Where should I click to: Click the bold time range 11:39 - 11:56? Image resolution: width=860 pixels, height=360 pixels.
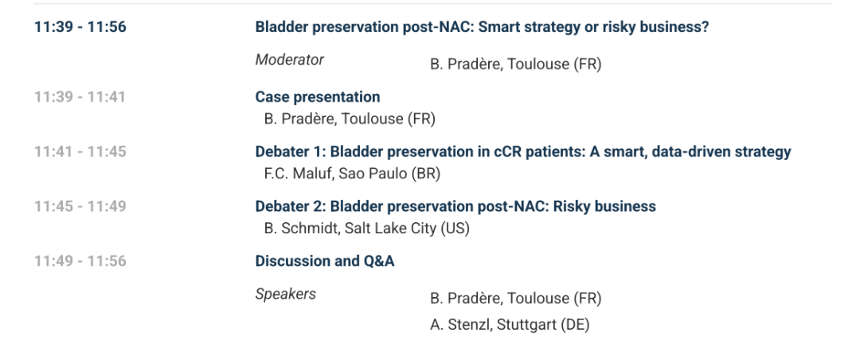(80, 27)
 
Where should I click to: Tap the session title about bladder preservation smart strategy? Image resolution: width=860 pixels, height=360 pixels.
(482, 27)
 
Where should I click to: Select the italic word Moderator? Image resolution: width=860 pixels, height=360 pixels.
(290, 60)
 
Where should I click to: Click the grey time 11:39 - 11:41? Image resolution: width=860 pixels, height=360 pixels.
(80, 97)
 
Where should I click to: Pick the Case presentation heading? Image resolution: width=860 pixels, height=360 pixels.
(318, 97)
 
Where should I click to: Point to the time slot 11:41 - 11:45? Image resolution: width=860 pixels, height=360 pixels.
(80, 151)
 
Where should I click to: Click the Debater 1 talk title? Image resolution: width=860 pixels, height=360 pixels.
(523, 151)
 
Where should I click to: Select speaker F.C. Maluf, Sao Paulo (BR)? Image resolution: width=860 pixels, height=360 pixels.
(352, 174)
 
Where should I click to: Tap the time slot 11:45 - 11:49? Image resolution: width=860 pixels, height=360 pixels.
(80, 206)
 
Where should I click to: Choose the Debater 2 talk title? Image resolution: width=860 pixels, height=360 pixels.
(455, 206)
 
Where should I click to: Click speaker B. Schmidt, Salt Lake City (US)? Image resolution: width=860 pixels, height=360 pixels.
(367, 229)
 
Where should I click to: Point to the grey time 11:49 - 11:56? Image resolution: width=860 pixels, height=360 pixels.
(80, 261)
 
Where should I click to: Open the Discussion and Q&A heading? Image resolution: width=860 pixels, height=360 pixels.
(325, 261)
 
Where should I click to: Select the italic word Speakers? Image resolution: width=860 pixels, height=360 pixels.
(286, 295)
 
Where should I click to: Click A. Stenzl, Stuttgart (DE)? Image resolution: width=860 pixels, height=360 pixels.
(510, 325)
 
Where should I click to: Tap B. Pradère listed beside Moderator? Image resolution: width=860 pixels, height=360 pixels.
(515, 65)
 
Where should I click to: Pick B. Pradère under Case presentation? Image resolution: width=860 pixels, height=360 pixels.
(350, 119)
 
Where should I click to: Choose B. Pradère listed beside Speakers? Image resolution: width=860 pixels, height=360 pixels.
(515, 299)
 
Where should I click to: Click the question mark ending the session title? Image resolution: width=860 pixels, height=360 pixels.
(706, 27)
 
